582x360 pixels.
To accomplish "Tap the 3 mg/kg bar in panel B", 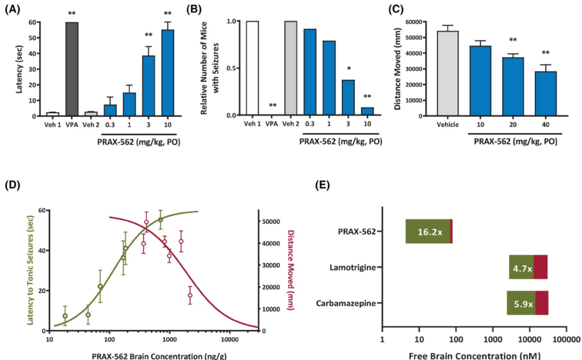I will tap(348, 98).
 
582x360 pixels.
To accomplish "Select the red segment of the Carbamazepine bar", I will tap(542, 303).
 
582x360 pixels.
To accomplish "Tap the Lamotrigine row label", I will tap(352, 267).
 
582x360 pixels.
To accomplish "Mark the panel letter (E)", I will tap(322, 185).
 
